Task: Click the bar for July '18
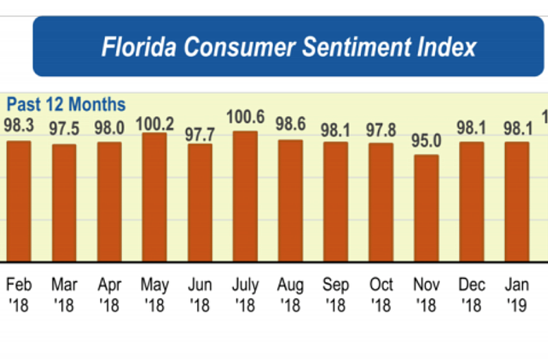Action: (246, 196)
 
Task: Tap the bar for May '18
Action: (155, 196)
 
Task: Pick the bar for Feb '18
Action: (19, 200)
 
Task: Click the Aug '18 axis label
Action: (291, 293)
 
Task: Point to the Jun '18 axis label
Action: (200, 293)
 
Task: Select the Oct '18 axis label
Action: (381, 293)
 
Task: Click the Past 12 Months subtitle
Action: (66, 104)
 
